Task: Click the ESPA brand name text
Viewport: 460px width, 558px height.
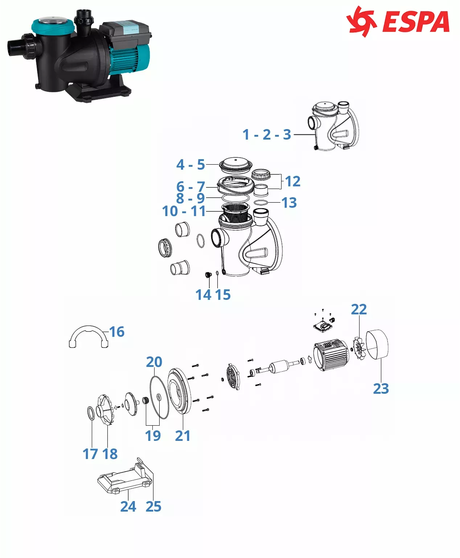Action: pyautogui.click(x=416, y=21)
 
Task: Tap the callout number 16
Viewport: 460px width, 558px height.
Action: pyautogui.click(x=117, y=332)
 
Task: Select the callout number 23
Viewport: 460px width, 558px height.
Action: pyautogui.click(x=381, y=389)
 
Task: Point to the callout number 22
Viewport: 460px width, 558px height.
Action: pyautogui.click(x=359, y=310)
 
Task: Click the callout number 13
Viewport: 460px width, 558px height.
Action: pyautogui.click(x=289, y=203)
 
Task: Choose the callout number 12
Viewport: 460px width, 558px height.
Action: pyautogui.click(x=293, y=181)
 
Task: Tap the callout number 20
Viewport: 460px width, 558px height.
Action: pyautogui.click(x=154, y=362)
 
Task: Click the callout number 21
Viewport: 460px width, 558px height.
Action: pyautogui.click(x=183, y=436)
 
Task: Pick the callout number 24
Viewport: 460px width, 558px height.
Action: pyautogui.click(x=128, y=507)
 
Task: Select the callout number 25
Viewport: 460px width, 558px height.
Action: pyautogui.click(x=153, y=507)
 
